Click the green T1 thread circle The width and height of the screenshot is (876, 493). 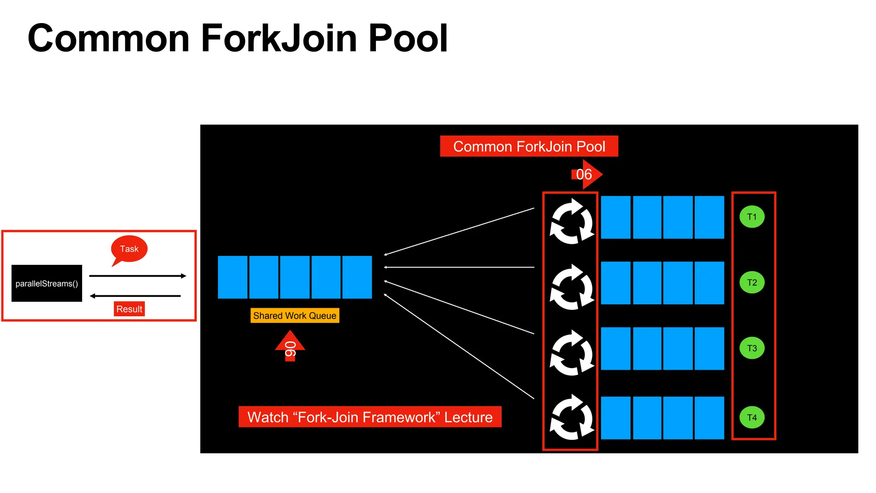752,217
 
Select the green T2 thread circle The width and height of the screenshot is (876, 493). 752,282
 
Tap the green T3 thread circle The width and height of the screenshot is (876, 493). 752,348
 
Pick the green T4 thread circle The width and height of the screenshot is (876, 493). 752,417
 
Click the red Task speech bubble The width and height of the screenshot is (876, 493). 129,249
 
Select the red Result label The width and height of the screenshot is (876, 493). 129,309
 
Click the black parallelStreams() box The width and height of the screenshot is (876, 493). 47,283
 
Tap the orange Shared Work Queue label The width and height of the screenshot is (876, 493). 295,316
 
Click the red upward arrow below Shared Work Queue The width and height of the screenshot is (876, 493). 290,346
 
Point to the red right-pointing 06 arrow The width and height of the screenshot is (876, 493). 586,174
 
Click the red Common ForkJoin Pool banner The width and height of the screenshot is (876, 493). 529,146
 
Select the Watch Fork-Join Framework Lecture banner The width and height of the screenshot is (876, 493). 370,417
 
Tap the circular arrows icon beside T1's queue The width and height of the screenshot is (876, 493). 571,221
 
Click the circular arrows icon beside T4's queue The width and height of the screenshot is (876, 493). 571,418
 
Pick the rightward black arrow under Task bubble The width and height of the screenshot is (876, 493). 138,276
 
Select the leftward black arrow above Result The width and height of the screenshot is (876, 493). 135,296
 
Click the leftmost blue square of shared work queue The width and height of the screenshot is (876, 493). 233,277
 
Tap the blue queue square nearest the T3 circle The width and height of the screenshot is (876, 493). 709,348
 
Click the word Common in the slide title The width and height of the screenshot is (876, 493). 109,39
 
